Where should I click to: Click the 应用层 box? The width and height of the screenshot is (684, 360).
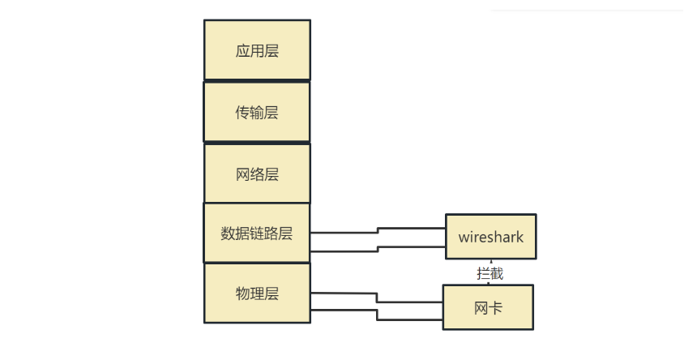pyautogui.click(x=256, y=50)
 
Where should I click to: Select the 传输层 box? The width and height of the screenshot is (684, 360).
pyautogui.click(x=256, y=112)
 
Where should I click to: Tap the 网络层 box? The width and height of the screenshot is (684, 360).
pyautogui.click(x=256, y=174)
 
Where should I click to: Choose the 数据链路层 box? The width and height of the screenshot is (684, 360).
pyautogui.click(x=256, y=234)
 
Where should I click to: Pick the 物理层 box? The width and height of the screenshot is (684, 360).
pyautogui.click(x=256, y=294)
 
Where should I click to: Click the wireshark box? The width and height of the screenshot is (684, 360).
pyautogui.click(x=491, y=237)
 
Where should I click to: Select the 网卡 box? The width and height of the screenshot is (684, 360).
pyautogui.click(x=488, y=307)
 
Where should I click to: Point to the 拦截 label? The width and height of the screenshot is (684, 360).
pyautogui.click(x=489, y=273)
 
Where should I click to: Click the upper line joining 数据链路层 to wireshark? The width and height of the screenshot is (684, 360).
pyautogui.click(x=344, y=232)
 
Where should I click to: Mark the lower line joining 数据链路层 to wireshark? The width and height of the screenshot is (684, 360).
pyautogui.click(x=344, y=251)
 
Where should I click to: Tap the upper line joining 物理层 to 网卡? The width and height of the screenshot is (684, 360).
pyautogui.click(x=344, y=293)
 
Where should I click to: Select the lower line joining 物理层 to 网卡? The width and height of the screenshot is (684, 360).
pyautogui.click(x=344, y=310)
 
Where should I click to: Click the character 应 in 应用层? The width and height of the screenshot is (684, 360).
pyautogui.click(x=242, y=51)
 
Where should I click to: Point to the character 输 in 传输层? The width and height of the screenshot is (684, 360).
pyautogui.click(x=257, y=113)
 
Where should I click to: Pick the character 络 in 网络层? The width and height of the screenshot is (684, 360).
pyautogui.click(x=257, y=174)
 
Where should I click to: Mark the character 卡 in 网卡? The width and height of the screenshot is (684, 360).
pyautogui.click(x=496, y=308)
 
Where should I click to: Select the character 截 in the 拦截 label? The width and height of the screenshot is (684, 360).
pyautogui.click(x=496, y=273)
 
